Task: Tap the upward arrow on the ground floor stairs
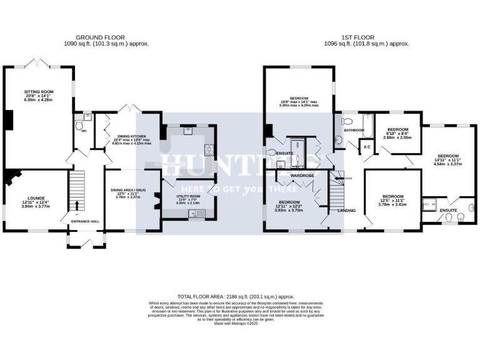[x=77, y=204]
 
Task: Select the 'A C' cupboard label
[x=368, y=147]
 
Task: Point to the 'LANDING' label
[x=346, y=210]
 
